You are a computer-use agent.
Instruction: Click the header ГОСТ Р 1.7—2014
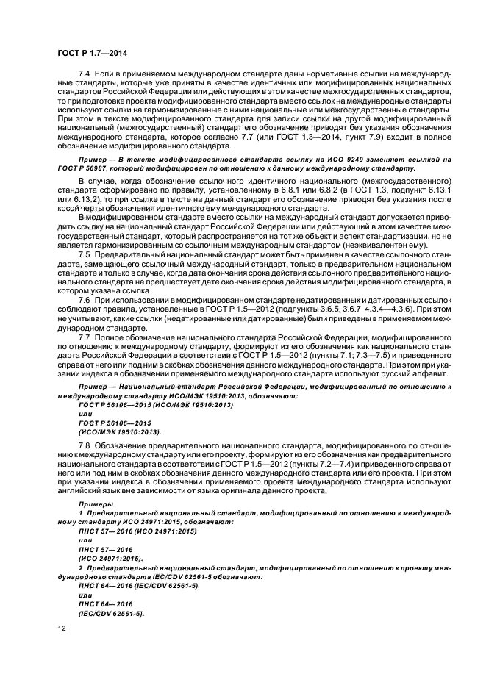point(87,51)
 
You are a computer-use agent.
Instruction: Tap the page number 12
point(62,630)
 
